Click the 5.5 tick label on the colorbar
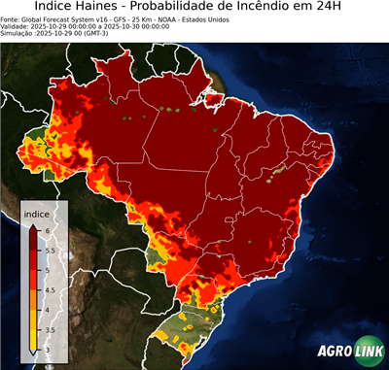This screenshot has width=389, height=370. pos(49,250)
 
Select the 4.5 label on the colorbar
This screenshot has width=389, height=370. pos(49,290)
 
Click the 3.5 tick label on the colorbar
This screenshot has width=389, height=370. pos(49,331)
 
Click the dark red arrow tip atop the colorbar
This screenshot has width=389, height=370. pos(34,225)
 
